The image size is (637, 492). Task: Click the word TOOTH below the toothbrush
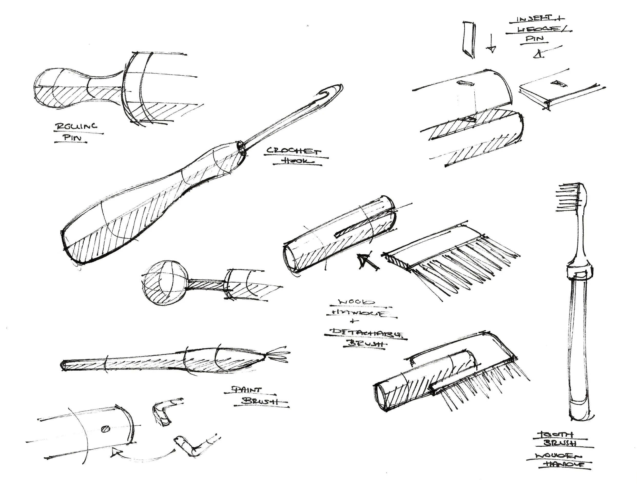point(553,435)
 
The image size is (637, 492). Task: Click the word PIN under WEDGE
point(535,38)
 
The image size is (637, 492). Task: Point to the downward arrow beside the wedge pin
point(492,44)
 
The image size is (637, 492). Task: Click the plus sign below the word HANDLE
point(354,321)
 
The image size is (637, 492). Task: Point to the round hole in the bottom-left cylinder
point(105,429)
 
